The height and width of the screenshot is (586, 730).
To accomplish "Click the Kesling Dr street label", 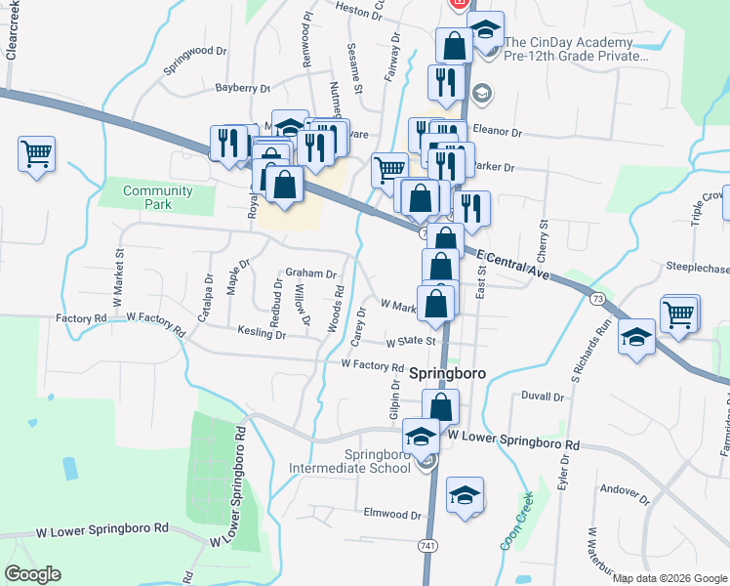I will click(262, 334).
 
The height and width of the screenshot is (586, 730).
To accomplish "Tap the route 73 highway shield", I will click(597, 296).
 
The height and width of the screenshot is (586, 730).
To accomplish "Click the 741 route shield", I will click(428, 544).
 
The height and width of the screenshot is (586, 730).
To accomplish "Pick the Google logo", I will click(32, 574).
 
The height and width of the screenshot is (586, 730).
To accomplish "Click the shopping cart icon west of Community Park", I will click(36, 152).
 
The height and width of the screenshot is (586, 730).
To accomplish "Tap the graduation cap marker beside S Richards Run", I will click(636, 338).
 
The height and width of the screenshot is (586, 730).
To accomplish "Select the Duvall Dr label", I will click(544, 398).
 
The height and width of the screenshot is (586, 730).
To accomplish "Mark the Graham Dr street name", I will click(310, 274).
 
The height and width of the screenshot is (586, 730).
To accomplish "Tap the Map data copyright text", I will click(669, 578).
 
